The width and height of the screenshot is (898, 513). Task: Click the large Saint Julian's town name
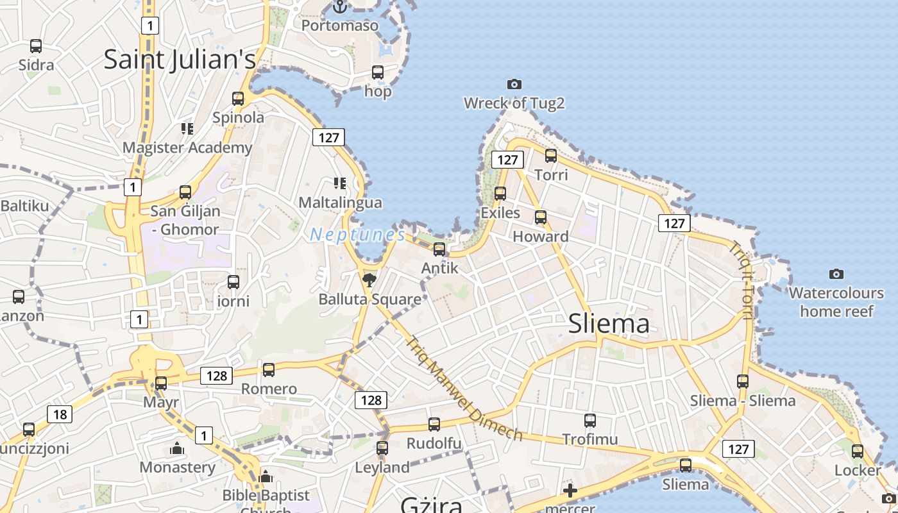click(180, 60)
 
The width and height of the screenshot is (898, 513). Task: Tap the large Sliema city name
click(609, 324)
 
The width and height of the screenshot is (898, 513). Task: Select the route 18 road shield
click(60, 414)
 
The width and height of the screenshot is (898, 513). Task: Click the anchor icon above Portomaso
click(340, 7)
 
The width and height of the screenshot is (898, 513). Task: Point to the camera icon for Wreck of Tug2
click(514, 84)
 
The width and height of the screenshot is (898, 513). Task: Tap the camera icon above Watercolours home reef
click(836, 274)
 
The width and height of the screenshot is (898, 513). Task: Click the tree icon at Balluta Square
click(369, 280)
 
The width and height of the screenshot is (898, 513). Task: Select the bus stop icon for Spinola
click(238, 99)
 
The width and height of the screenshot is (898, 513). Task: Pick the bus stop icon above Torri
click(551, 155)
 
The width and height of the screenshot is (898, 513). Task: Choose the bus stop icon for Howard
click(541, 217)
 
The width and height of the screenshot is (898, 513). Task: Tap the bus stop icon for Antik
click(439, 249)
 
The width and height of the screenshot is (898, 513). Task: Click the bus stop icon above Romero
click(269, 370)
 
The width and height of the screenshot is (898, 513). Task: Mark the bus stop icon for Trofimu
click(590, 421)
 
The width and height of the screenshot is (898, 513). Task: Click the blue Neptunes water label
click(357, 235)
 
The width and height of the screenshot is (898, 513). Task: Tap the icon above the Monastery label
click(177, 448)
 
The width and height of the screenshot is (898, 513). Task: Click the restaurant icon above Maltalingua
click(340, 183)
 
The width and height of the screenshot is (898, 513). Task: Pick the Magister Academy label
click(187, 148)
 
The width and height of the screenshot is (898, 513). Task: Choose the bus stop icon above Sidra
click(36, 46)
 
